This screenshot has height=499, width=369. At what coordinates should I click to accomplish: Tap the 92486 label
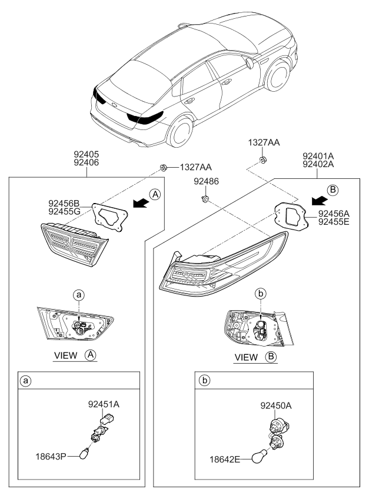click(207, 183)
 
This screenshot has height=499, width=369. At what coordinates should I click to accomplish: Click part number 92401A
click(318, 157)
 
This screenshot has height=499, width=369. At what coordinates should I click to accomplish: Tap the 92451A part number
click(104, 404)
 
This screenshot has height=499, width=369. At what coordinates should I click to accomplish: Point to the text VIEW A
click(74, 356)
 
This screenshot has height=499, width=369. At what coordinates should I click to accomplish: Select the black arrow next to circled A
click(139, 203)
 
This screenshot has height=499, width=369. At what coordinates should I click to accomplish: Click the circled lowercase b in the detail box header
click(205, 381)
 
